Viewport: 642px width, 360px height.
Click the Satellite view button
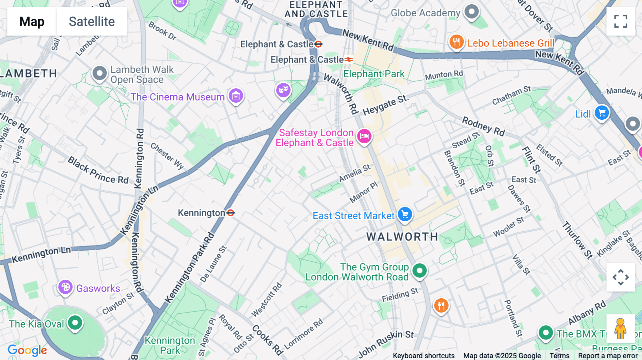click(x=92, y=21)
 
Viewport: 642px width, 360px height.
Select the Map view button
click(x=32, y=21)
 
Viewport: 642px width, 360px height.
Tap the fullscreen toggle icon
click(x=621, y=21)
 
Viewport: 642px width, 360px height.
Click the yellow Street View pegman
click(x=620, y=328)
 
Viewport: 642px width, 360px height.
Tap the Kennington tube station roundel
click(x=231, y=213)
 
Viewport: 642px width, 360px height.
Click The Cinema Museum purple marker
click(x=236, y=96)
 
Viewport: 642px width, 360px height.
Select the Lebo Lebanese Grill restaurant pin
click(x=456, y=42)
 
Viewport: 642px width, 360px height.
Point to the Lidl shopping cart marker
click(x=602, y=113)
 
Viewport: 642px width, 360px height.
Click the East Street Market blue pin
click(x=405, y=215)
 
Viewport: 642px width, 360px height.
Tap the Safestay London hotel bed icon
click(x=364, y=136)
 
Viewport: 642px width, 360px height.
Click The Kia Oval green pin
click(x=75, y=323)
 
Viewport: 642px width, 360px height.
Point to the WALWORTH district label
click(x=402, y=237)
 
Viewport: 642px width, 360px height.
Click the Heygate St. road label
click(x=385, y=105)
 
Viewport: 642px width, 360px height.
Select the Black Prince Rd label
click(x=98, y=170)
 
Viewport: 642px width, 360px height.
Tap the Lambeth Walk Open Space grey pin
click(x=100, y=73)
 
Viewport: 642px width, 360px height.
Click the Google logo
click(x=27, y=350)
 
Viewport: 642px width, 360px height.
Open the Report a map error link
click(x=608, y=356)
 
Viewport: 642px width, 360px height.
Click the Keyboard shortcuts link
click(x=423, y=356)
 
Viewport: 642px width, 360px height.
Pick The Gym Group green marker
click(x=419, y=271)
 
